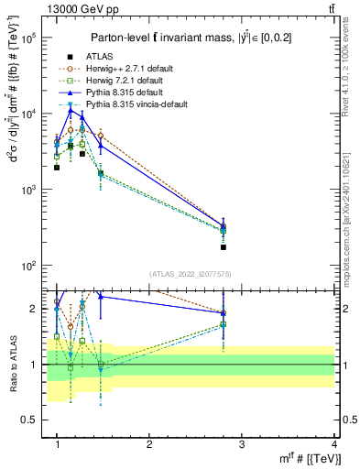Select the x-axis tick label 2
coord(149,444)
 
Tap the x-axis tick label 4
coord(334,444)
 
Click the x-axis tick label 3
coord(242,444)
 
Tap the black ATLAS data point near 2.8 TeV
coord(224,247)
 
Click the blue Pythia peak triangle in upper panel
coord(71,110)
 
